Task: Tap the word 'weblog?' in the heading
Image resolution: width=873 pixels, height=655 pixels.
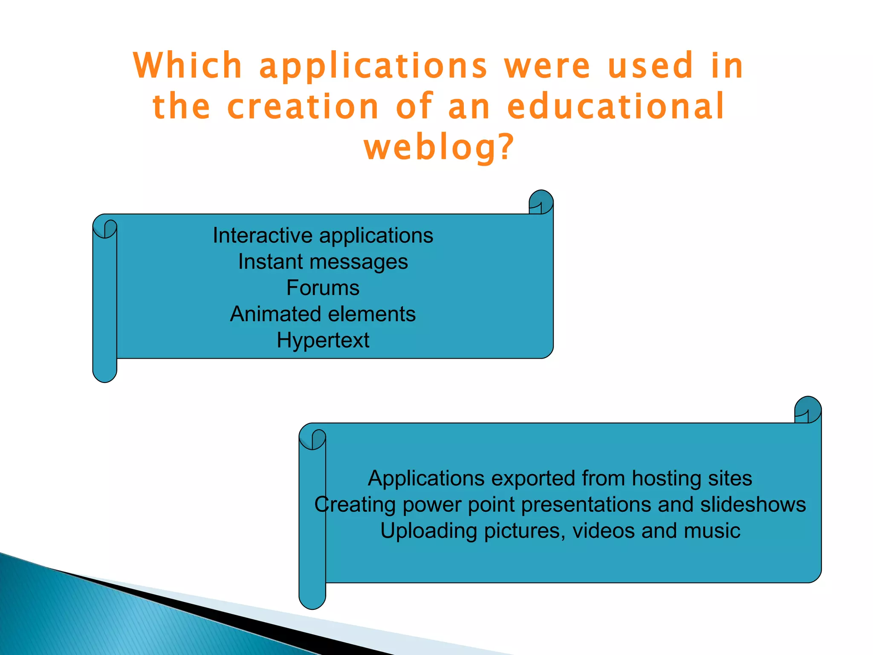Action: [439, 147]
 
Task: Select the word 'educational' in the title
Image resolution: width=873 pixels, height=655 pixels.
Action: [616, 106]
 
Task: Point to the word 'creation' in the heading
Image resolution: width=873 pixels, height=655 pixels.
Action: [303, 106]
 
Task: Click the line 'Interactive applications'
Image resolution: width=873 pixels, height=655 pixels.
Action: [323, 235]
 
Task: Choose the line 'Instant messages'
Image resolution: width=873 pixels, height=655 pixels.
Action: [323, 261]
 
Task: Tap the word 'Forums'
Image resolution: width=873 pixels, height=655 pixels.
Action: [323, 288]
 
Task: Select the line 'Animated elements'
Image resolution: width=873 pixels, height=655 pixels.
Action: [323, 314]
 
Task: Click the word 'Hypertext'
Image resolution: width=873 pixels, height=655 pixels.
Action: [323, 340]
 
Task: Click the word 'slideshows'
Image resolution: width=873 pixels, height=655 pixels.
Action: [753, 504]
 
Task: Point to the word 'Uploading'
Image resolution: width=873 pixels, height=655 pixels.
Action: [428, 531]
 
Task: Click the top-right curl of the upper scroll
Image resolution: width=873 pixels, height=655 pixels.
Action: [541, 202]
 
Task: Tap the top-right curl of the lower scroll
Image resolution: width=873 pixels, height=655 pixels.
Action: [808, 410]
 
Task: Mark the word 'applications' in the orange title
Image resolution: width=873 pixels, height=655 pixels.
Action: [373, 66]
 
